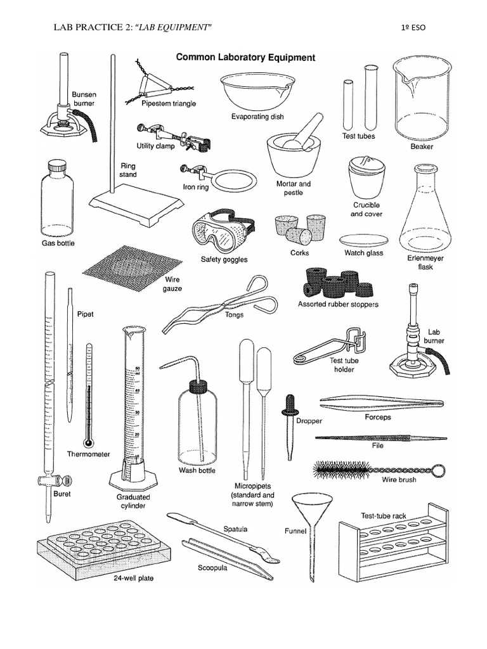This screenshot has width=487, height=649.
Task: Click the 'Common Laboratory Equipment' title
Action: (x=245, y=57)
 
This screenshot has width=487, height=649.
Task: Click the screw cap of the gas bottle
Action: (x=58, y=167)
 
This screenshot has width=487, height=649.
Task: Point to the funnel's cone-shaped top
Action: (x=309, y=508)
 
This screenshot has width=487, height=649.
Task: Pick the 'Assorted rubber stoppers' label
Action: (x=337, y=304)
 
